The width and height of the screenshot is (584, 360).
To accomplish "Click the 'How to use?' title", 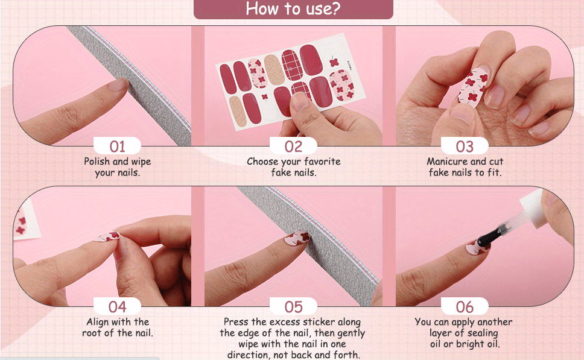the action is coord(293,8).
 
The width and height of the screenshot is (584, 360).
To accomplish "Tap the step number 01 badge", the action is coord(117,146).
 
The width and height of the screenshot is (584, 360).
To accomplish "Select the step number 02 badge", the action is coord(293,146).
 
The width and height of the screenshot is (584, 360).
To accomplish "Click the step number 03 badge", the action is coord(465,146).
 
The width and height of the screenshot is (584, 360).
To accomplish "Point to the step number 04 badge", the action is coord(117,306).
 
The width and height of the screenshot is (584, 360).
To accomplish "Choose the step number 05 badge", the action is coord(293,306).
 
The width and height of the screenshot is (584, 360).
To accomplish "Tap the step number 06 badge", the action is coord(465,306).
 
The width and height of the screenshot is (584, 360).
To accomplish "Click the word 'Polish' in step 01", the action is coord(97,161).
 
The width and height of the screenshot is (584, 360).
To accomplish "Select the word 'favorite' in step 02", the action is coord(323,161).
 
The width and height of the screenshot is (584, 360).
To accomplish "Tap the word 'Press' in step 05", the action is coord(236,321).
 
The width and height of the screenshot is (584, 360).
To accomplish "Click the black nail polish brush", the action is coord(491,236).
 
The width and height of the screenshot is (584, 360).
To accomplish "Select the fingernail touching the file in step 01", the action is coord(118,85).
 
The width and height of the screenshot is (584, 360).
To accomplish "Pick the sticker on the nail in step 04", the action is coord(107,236).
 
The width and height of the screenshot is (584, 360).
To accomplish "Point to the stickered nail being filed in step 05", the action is coord(297,238).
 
